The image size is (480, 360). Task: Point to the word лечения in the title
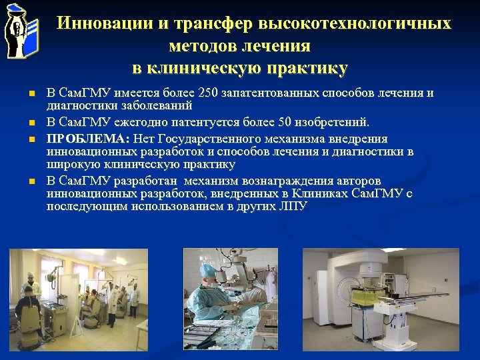[x=277, y=46]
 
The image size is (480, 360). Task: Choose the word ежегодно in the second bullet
[x=140, y=123]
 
